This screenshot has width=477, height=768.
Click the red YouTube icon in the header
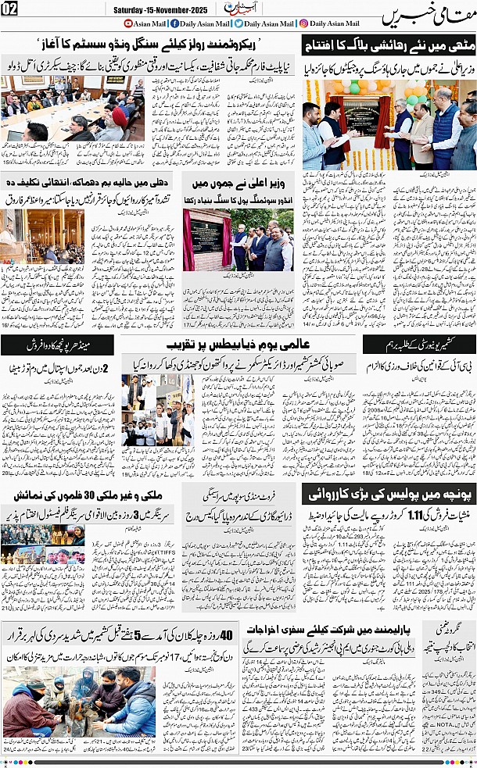tap(129, 25)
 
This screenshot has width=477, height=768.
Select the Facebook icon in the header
tap(174, 25)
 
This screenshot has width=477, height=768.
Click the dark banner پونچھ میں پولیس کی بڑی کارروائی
tap(389, 494)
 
